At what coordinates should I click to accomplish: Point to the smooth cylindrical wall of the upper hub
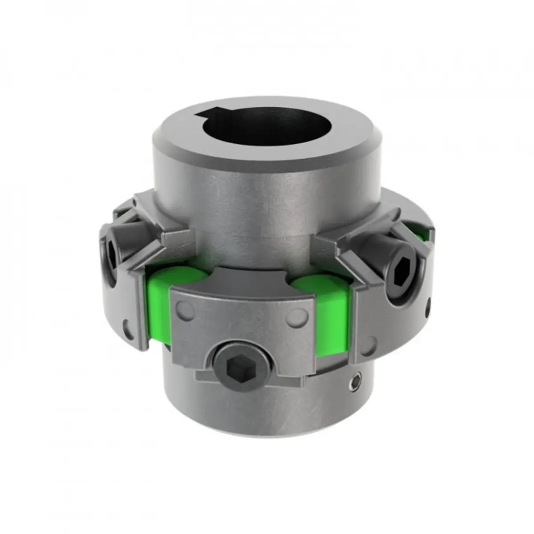point(267,200)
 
